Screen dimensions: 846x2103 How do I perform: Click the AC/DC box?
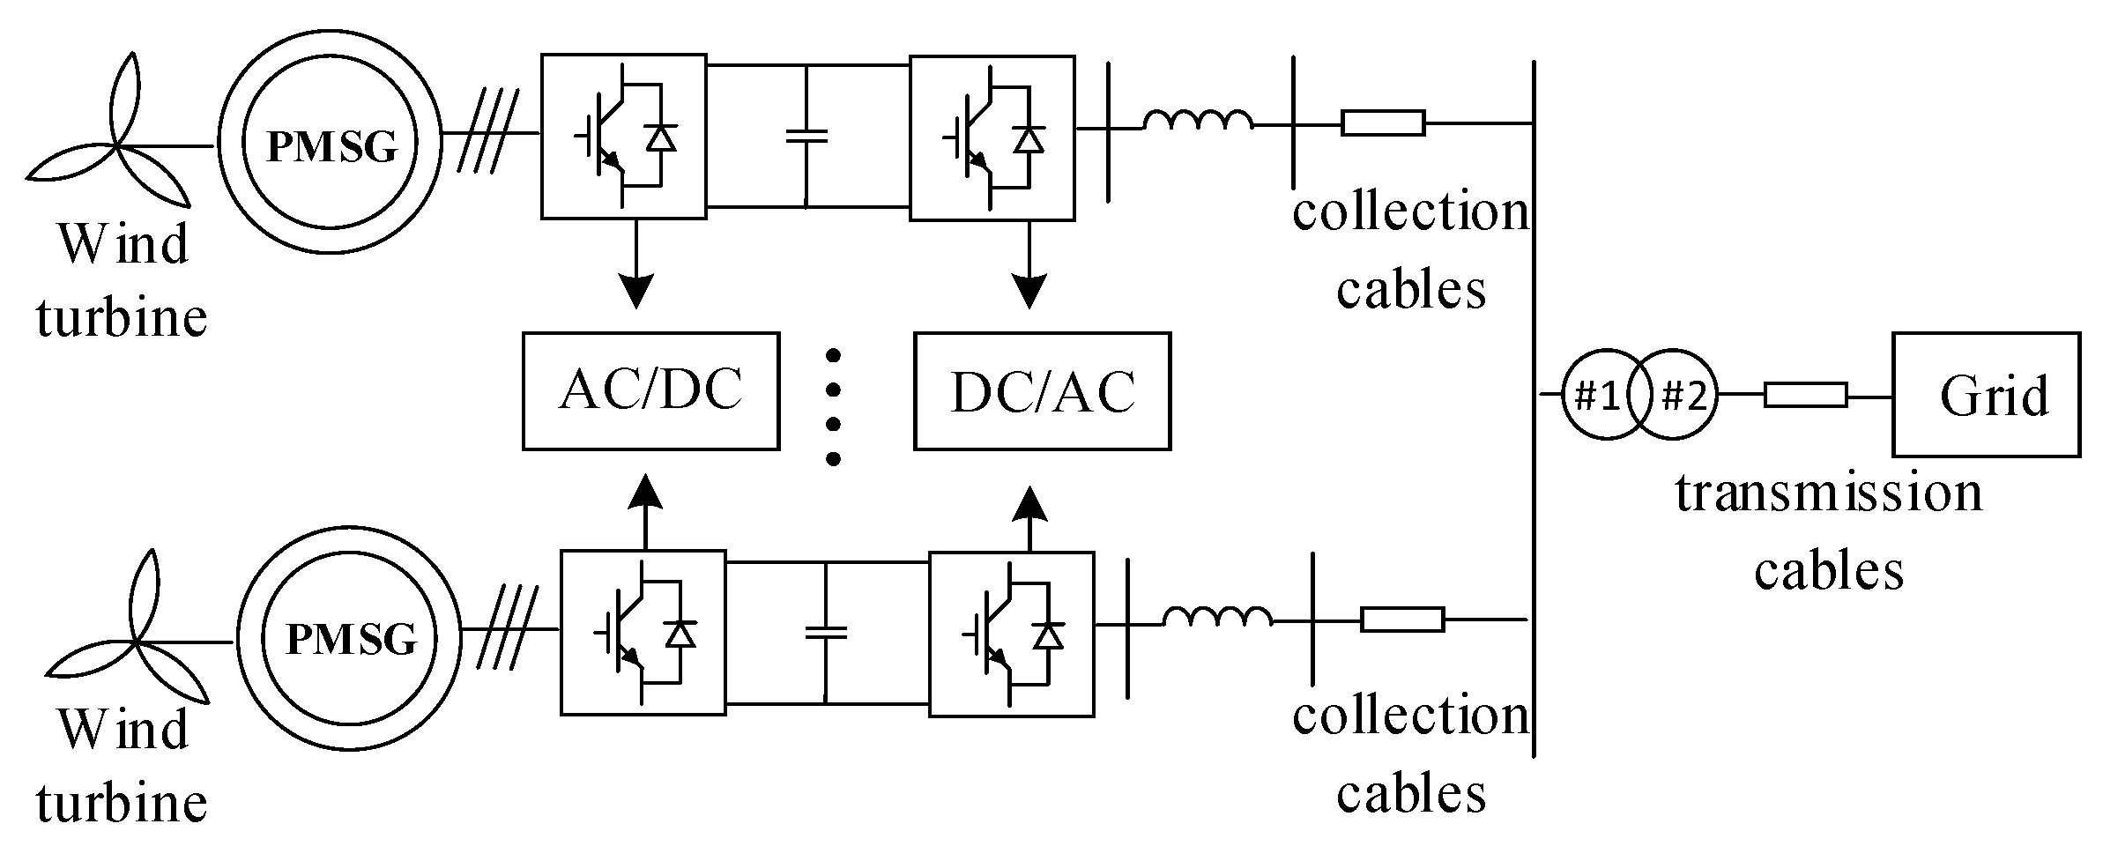click(650, 390)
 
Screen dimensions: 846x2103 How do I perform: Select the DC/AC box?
click(1042, 390)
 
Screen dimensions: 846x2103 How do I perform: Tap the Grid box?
click(1986, 394)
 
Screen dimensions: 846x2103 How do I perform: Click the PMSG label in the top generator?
click(331, 146)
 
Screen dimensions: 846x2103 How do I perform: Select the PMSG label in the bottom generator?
click(351, 638)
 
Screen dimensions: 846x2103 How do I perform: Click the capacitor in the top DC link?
click(806, 136)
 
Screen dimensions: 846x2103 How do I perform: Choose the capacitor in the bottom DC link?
click(826, 631)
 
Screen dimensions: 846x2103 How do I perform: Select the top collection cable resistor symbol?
click(1382, 122)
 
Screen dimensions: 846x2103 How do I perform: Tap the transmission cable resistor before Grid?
click(1804, 395)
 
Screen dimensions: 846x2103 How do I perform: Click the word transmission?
click(1828, 493)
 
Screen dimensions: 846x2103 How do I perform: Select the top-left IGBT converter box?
click(623, 136)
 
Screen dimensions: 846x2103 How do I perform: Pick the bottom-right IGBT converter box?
click(1011, 633)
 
